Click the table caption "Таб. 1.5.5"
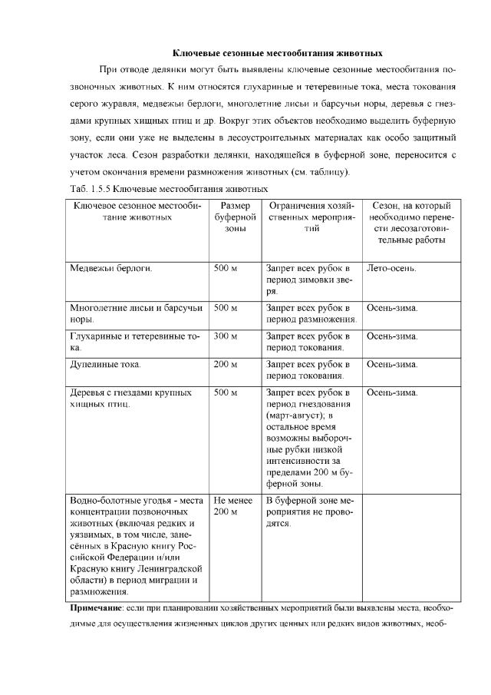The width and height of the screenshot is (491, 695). tap(91, 188)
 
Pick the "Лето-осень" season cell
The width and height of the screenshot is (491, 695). tap(392, 269)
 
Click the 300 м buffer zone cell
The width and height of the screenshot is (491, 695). tap(226, 336)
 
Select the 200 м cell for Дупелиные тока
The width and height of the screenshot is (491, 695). tap(226, 364)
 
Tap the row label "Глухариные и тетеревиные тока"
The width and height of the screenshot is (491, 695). tap(135, 342)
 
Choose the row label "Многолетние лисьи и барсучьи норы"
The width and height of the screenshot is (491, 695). tap(136, 313)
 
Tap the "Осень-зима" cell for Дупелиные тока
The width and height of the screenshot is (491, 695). tap(392, 364)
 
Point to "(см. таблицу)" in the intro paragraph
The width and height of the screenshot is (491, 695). tap(315, 171)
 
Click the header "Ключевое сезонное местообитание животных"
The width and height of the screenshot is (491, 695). tap(137, 211)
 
